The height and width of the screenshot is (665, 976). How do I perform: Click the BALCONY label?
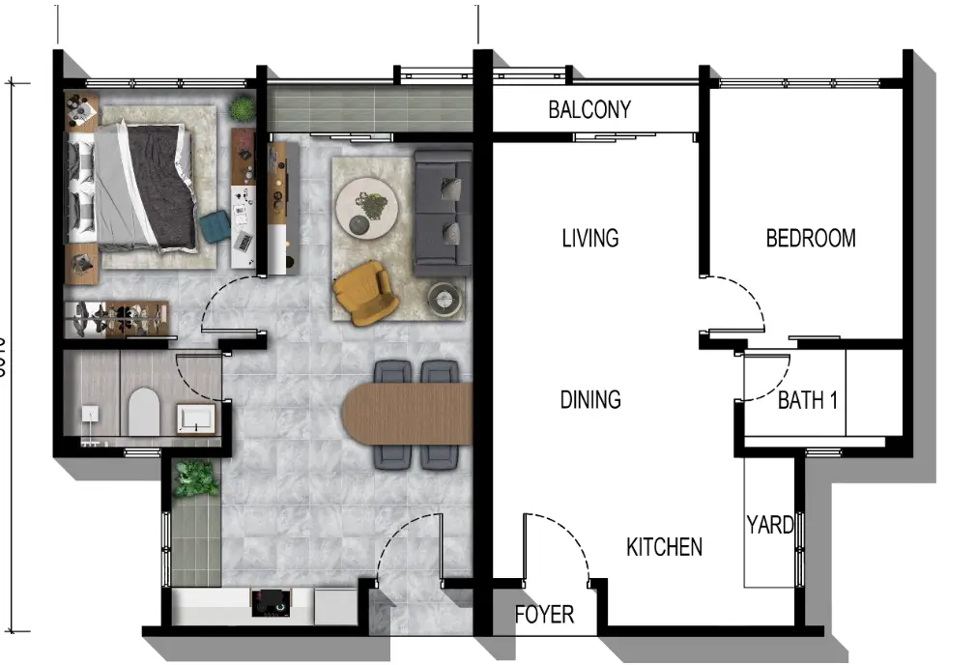[589, 109]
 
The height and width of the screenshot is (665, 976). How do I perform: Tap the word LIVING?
[590, 238]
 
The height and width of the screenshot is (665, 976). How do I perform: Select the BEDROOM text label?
[811, 238]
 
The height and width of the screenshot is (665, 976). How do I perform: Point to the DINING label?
[590, 399]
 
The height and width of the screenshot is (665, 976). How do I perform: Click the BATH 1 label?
[808, 400]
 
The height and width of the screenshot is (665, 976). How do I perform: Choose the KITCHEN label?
[664, 547]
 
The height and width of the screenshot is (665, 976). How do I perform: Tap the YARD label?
[770, 525]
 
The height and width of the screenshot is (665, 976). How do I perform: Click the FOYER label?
[544, 615]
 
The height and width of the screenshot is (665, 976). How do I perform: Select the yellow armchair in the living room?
[364, 291]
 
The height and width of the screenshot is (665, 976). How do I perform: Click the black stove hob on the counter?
[270, 604]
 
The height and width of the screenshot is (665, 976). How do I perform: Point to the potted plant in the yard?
[196, 477]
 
